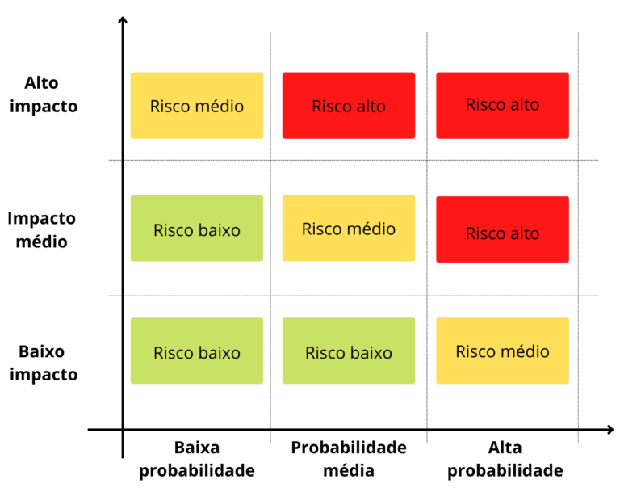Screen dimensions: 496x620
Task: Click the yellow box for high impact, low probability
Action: (x=197, y=106)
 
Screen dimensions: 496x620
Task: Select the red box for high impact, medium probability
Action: (x=349, y=106)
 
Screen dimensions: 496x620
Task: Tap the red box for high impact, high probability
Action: (x=502, y=105)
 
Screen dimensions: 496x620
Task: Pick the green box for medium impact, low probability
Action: (x=197, y=229)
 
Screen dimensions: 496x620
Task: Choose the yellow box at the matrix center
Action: (x=349, y=229)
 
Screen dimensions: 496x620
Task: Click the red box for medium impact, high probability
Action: (x=502, y=230)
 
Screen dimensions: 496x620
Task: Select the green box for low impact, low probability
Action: (x=197, y=351)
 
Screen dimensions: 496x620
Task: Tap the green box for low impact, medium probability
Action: (x=349, y=351)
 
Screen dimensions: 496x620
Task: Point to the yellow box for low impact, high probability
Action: (x=502, y=351)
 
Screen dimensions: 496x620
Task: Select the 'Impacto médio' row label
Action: (x=42, y=229)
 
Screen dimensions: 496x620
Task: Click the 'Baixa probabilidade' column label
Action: (x=197, y=459)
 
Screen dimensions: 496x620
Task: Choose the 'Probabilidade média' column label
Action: (x=349, y=459)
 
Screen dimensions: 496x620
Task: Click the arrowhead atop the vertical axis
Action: (x=123, y=21)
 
